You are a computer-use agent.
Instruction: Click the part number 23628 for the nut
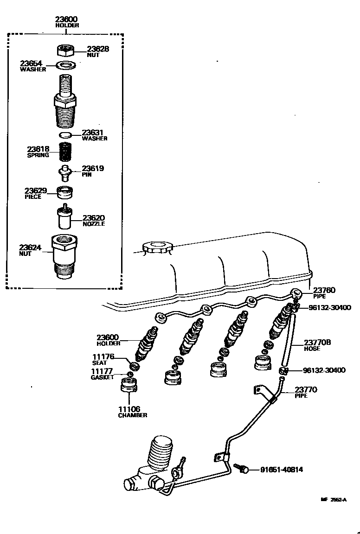click(x=98, y=49)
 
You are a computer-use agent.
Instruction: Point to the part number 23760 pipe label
click(x=324, y=290)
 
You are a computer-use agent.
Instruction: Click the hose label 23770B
click(x=317, y=343)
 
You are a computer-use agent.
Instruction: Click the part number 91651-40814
click(x=281, y=469)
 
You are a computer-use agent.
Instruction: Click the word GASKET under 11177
click(x=102, y=377)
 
